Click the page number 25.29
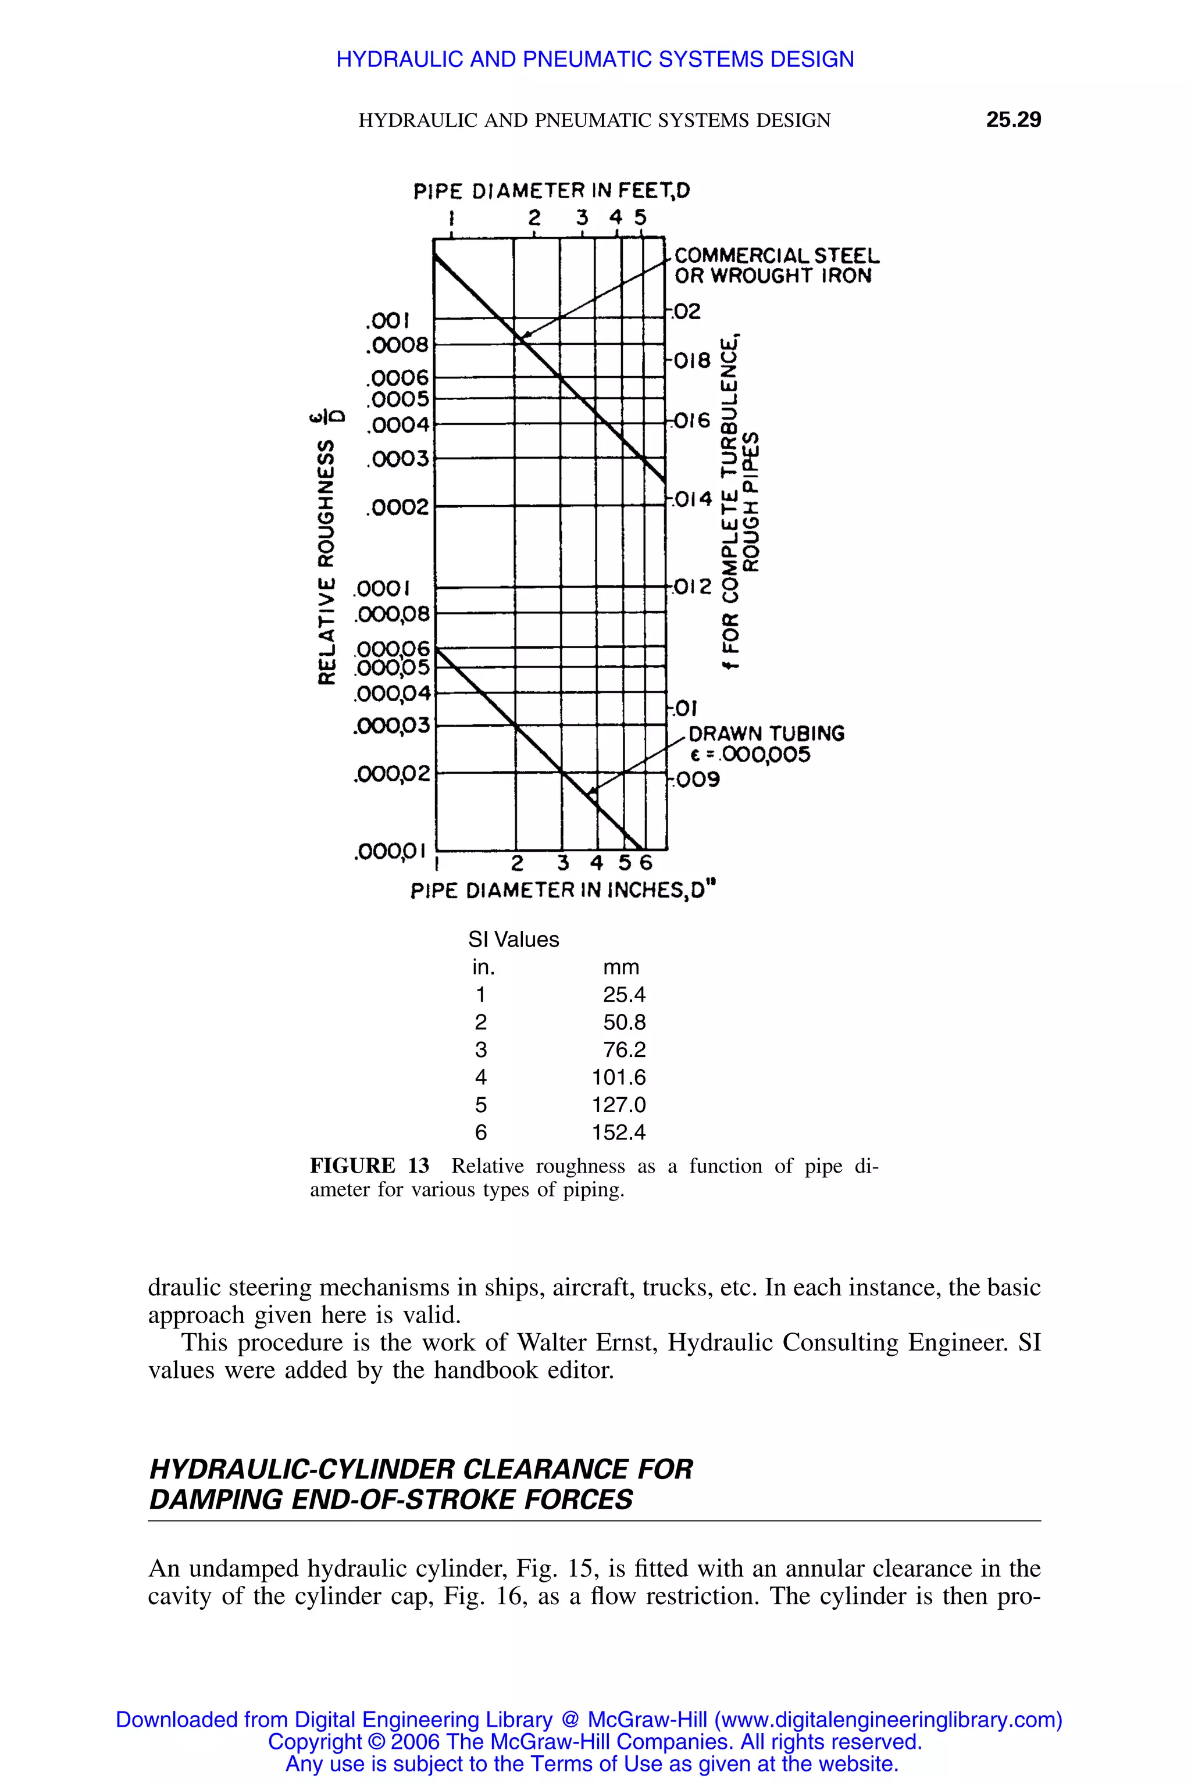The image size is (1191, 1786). click(x=1013, y=120)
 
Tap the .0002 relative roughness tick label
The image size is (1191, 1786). click(x=397, y=507)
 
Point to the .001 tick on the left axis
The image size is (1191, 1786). click(x=387, y=320)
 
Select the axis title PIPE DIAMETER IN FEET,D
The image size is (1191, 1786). click(x=551, y=191)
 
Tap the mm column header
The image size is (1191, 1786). click(x=621, y=967)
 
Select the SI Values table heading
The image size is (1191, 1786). click(x=514, y=940)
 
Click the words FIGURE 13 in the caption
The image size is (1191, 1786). click(x=369, y=1166)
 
